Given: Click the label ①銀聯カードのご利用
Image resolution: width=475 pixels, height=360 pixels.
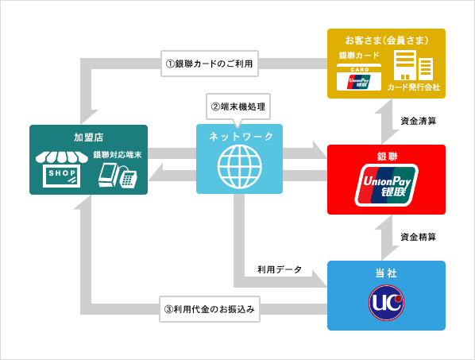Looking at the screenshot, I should tap(210, 64).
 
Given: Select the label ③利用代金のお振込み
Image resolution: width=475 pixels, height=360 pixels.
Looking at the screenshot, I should tap(210, 309).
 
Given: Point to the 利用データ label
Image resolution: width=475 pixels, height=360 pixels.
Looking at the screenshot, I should tap(280, 270).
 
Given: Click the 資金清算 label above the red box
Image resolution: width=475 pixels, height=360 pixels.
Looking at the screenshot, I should tap(418, 122).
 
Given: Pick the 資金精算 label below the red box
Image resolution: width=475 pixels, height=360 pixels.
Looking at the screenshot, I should tap(418, 237).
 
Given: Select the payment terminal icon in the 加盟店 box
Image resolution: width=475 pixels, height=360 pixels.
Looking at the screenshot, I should tap(117, 176).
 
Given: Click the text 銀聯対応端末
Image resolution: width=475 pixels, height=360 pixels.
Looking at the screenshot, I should tap(116, 155).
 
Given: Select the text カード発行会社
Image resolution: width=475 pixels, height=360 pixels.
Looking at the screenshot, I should tap(413, 87).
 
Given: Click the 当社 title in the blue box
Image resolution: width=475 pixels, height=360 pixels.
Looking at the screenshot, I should tap(386, 273).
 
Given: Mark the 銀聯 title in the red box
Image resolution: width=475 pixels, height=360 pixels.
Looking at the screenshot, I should tap(386, 156).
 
